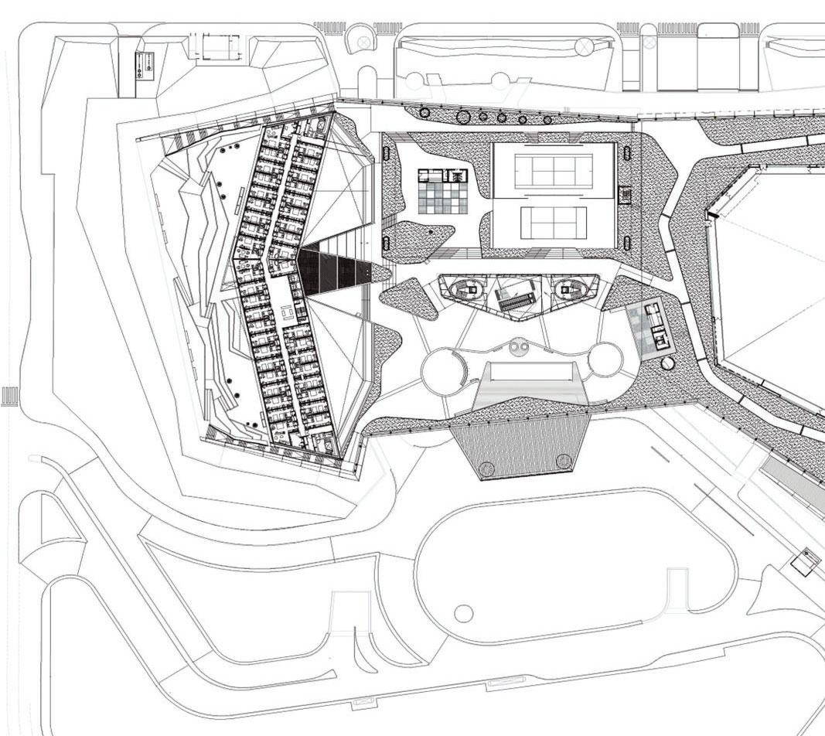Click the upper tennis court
[x=553, y=170]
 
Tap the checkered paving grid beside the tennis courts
[x=443, y=192]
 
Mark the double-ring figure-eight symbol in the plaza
[x=519, y=349]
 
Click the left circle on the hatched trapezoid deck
[x=488, y=467]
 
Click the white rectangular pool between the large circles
[x=530, y=372]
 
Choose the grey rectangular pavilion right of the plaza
[x=648, y=327]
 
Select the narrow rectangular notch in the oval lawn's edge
[x=677, y=588]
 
